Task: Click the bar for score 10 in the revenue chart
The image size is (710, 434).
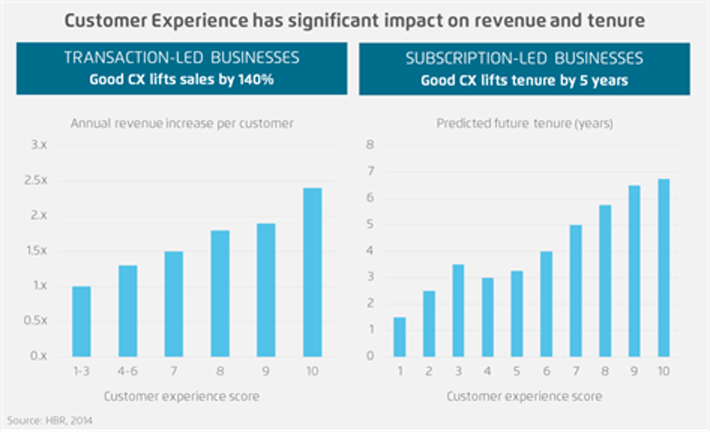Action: [312, 272]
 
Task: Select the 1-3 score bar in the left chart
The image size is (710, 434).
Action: [81, 321]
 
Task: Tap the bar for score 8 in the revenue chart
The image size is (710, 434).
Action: [220, 293]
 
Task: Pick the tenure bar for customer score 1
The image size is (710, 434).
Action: [399, 337]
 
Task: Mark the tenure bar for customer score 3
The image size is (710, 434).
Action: [458, 310]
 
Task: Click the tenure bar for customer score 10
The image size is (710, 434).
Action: [664, 268]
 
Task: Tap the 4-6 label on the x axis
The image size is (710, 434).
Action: [128, 372]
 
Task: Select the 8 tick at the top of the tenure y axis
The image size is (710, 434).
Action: [370, 145]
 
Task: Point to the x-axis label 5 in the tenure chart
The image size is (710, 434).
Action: [517, 372]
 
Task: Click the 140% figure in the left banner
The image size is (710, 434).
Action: [257, 80]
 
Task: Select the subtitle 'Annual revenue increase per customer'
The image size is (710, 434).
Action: [182, 123]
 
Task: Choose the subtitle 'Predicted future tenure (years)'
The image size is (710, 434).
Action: [524, 123]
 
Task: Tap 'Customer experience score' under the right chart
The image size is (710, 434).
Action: [524, 397]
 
